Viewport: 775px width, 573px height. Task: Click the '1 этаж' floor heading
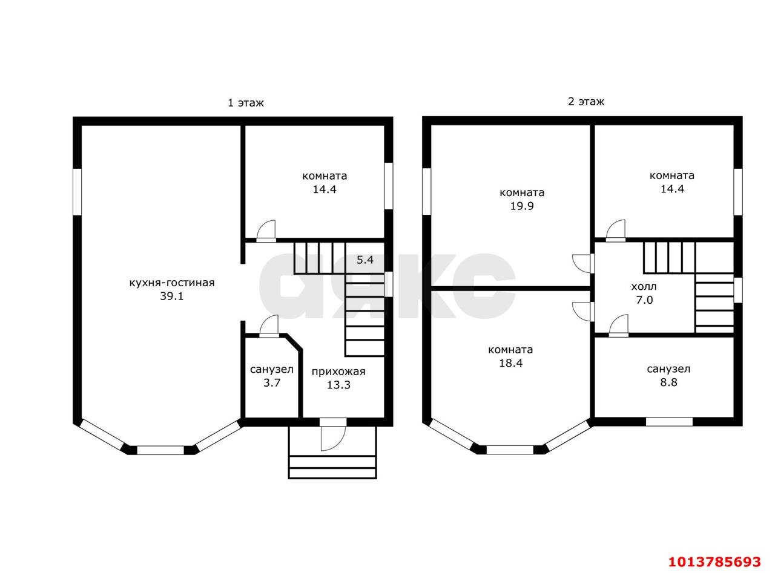[246, 103]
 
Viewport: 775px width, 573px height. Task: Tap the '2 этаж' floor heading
[586, 102]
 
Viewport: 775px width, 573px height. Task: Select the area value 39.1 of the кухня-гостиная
[171, 296]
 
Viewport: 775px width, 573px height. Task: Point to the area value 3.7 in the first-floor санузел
[272, 382]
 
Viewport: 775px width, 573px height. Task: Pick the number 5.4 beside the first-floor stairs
[365, 260]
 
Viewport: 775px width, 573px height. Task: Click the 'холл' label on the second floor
[644, 287]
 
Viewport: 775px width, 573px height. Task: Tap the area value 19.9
[522, 206]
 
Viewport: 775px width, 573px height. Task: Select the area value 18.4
[511, 363]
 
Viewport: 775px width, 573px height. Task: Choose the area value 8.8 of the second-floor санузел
[669, 382]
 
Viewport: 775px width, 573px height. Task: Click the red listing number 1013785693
[715, 562]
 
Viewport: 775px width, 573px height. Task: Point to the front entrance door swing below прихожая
[333, 438]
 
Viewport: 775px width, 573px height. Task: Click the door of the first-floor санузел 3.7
[269, 326]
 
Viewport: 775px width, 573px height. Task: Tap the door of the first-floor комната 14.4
[266, 231]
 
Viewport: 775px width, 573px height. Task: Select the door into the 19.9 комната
[583, 263]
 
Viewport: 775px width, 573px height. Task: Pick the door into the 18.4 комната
[583, 312]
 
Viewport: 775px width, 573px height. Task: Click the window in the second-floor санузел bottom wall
[669, 422]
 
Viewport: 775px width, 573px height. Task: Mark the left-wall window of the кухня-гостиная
[77, 192]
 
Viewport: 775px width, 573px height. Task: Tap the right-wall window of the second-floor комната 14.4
[737, 192]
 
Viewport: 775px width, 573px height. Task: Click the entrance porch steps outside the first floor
[332, 467]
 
